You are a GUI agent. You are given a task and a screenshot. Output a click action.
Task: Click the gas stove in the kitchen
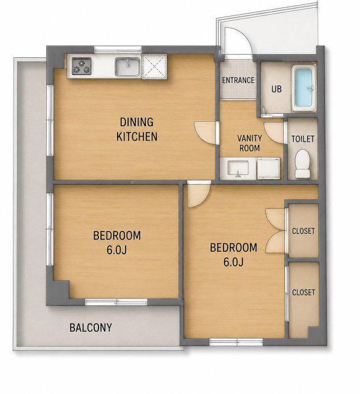pyautogui.click(x=82, y=66)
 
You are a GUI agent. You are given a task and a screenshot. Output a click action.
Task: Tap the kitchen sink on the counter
pyautogui.click(x=128, y=66)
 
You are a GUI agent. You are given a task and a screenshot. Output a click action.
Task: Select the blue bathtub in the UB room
pyautogui.click(x=303, y=87)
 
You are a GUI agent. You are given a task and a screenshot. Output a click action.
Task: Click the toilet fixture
pyautogui.click(x=303, y=164)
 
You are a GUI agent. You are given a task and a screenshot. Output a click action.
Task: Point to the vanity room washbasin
pyautogui.click(x=238, y=168)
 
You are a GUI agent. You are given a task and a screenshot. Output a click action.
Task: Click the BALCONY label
pyautogui.click(x=90, y=328)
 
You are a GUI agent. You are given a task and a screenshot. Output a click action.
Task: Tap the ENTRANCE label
pyautogui.click(x=238, y=80)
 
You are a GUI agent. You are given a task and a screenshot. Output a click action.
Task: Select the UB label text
pyautogui.click(x=276, y=89)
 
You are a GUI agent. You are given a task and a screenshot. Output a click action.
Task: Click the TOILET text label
pyautogui.click(x=303, y=139)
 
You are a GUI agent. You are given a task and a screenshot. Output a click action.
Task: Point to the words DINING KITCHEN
pyautogui.click(x=137, y=129)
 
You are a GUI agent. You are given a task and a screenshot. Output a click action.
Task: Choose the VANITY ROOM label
pyautogui.click(x=249, y=143)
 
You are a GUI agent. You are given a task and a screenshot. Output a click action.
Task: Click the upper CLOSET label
pyautogui.click(x=303, y=231)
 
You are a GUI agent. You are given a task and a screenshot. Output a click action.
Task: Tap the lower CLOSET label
pyautogui.click(x=303, y=292)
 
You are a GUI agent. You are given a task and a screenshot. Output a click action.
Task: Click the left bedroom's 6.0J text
pyautogui.click(x=116, y=250)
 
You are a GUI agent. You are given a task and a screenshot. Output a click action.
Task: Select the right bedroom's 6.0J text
pyautogui.click(x=233, y=262)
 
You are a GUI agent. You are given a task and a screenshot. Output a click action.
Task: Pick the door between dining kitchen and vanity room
pyautogui.click(x=206, y=133)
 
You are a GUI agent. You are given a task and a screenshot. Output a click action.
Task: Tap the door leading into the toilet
pyautogui.click(x=274, y=133)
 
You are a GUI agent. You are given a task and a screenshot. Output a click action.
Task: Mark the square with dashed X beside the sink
pyautogui.click(x=154, y=67)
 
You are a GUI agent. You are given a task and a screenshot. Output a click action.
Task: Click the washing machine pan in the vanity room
pyautogui.click(x=268, y=168)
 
